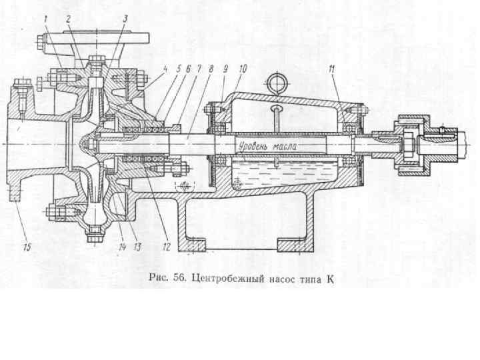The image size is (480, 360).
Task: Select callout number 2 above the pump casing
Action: pyautogui.click(x=69, y=19)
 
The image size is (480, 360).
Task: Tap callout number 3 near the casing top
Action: pyautogui.click(x=125, y=19)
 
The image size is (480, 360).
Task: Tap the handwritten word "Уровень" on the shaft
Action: pyautogui.click(x=253, y=144)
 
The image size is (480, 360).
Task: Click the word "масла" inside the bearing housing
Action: pyautogui.click(x=285, y=144)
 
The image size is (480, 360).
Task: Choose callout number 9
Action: pyautogui.click(x=225, y=67)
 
